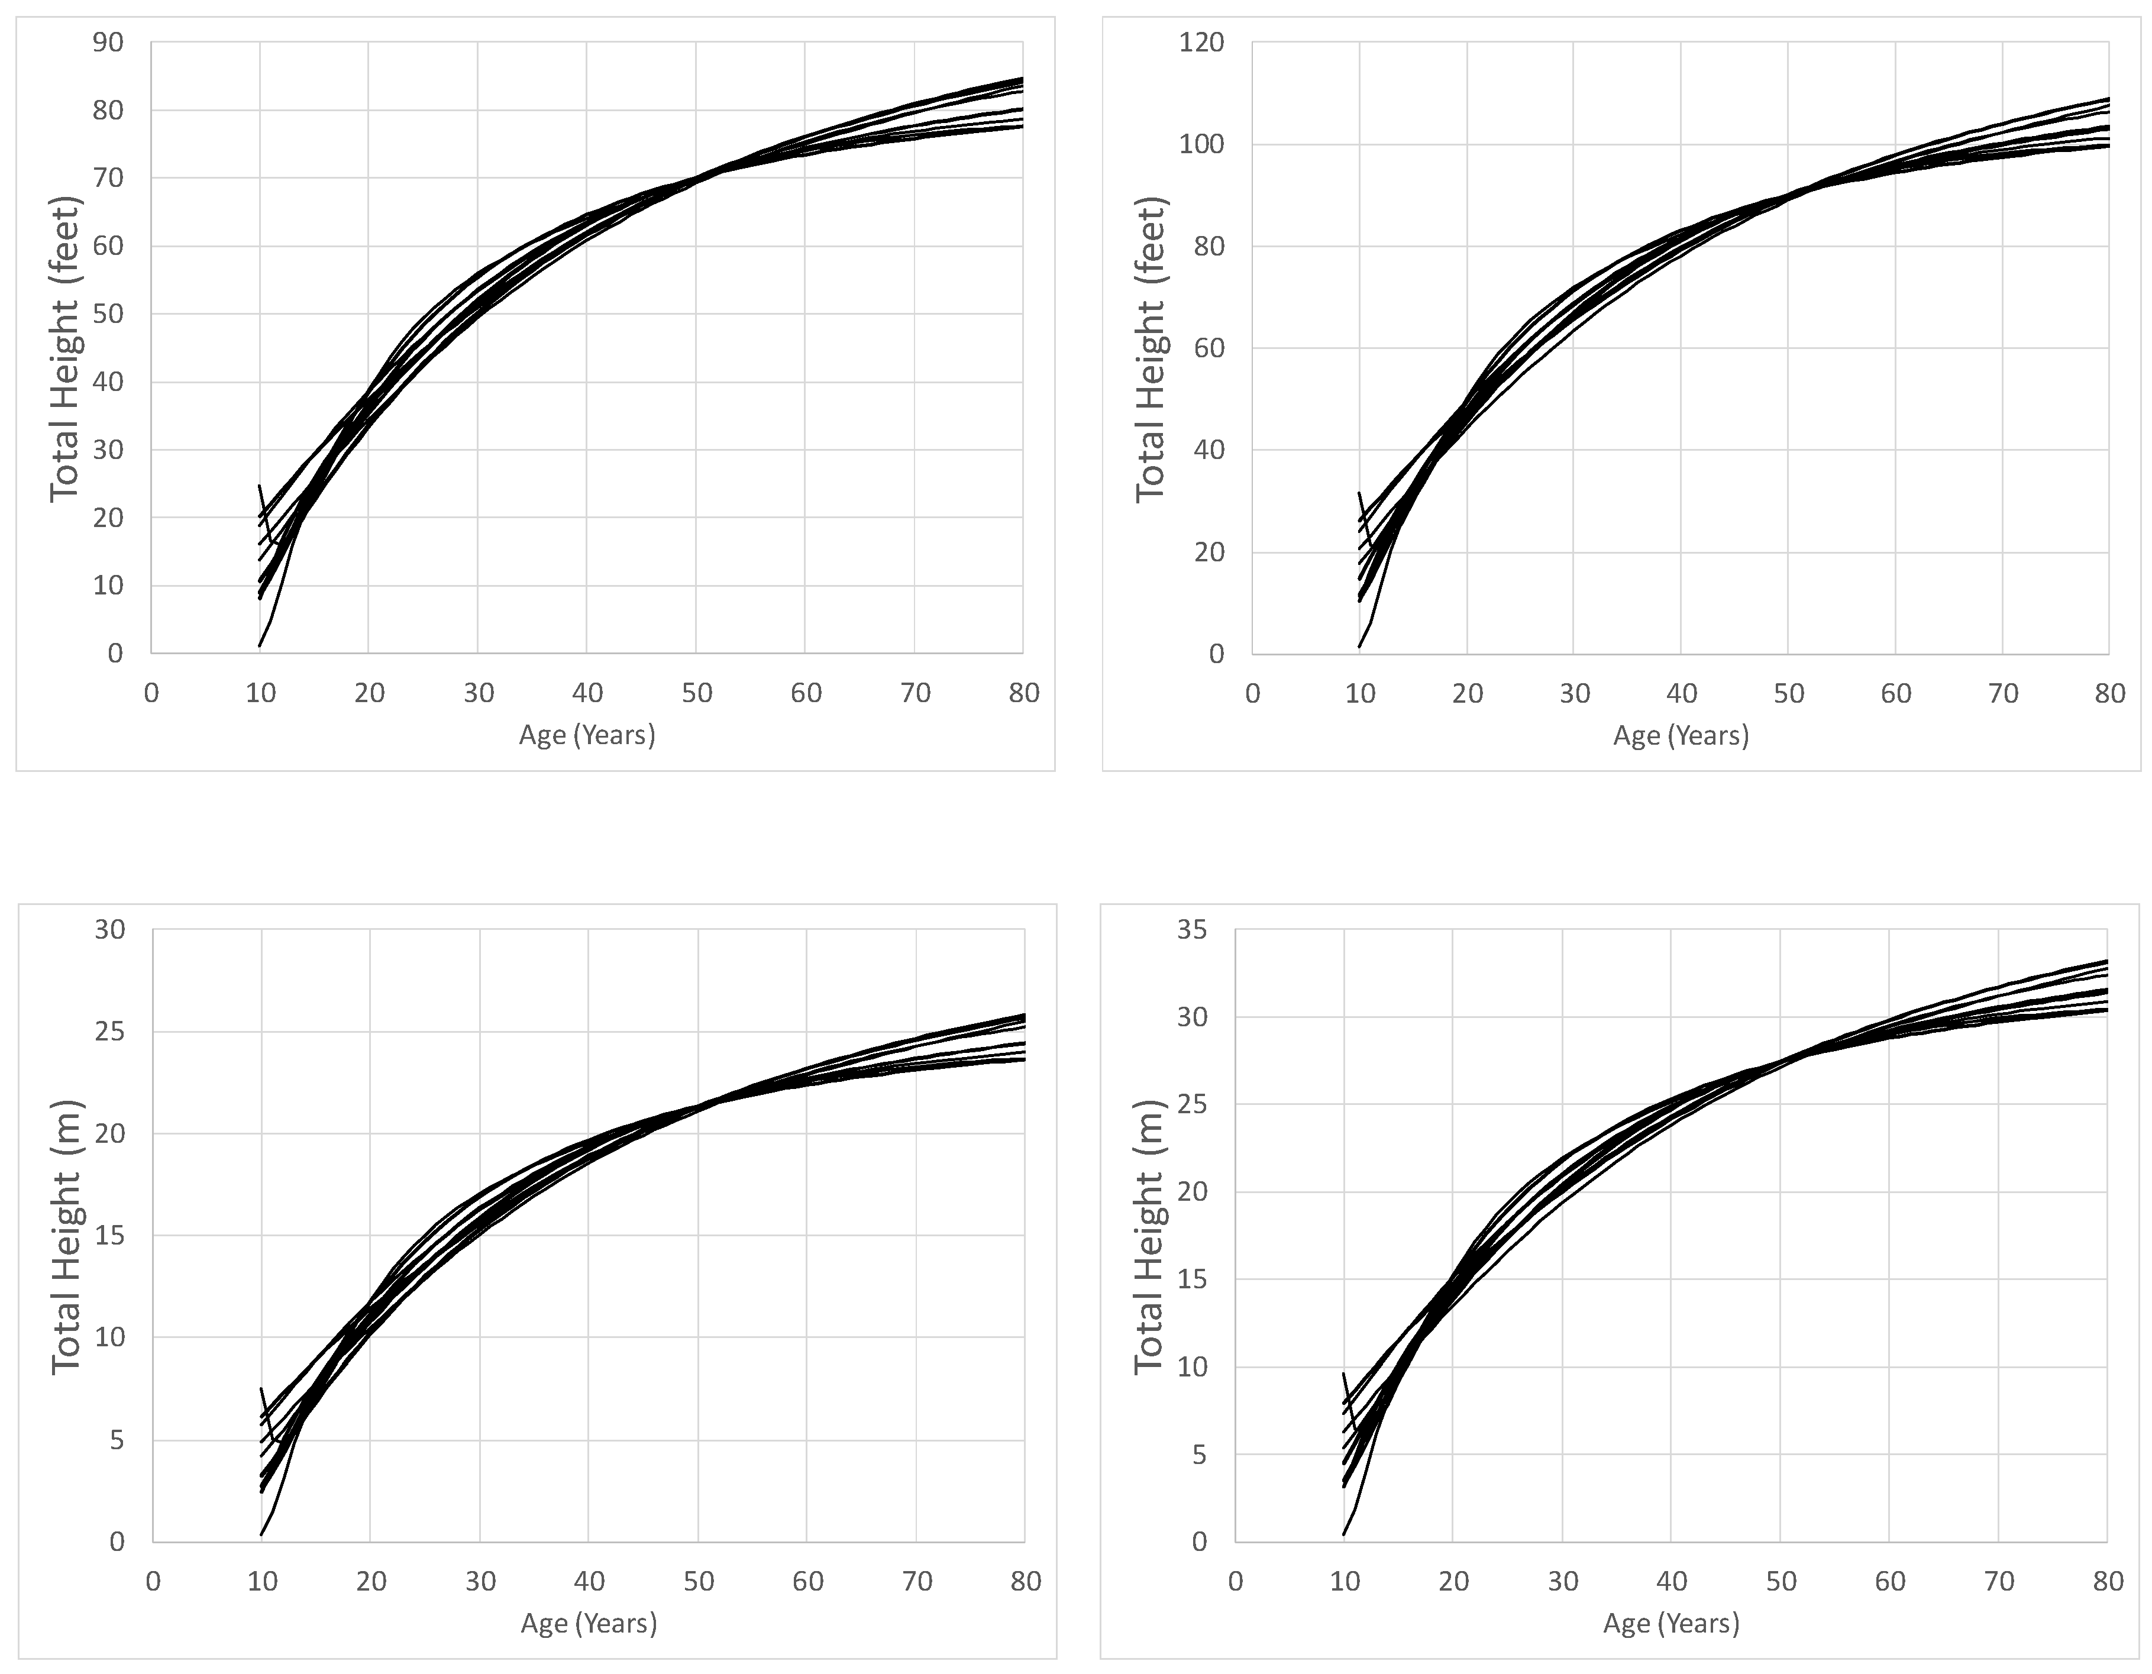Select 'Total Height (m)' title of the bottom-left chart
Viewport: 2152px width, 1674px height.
66,1236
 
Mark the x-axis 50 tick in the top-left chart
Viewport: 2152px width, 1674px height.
697,693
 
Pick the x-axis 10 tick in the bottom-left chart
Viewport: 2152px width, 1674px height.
262,1581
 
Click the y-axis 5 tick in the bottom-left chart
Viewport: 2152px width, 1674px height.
117,1440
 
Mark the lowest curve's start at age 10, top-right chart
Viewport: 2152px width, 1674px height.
1360,647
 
